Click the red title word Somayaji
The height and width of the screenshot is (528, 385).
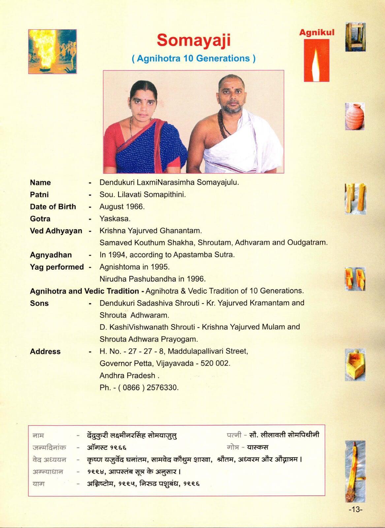click(193, 41)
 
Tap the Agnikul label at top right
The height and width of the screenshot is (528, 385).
click(317, 32)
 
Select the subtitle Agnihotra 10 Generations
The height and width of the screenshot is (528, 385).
click(194, 58)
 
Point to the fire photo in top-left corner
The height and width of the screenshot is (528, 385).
click(52, 51)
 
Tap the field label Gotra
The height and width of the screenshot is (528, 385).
click(40, 219)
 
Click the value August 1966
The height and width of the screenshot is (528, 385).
click(122, 207)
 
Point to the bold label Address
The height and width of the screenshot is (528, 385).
click(45, 351)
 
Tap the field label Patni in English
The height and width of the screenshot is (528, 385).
click(39, 195)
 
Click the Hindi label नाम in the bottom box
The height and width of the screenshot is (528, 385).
click(38, 435)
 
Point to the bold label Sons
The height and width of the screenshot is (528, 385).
click(39, 303)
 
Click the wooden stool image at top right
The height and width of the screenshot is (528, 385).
click(355, 37)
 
